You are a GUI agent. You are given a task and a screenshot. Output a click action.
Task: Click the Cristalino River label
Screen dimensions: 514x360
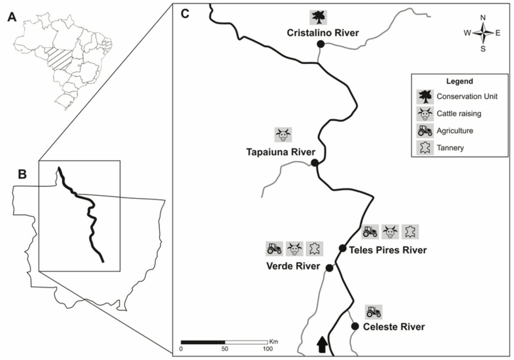click(323, 33)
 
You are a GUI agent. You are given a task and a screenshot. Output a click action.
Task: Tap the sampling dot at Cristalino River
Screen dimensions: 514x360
click(321, 44)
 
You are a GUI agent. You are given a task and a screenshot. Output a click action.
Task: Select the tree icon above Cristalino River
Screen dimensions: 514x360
click(318, 17)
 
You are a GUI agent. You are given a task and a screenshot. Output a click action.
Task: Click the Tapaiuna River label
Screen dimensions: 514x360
click(281, 152)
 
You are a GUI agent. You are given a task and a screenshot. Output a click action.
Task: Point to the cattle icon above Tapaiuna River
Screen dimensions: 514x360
click(283, 135)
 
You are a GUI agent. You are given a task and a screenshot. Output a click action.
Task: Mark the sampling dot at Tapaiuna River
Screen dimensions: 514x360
click(315, 162)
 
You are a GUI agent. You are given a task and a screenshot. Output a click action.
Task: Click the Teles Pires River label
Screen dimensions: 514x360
click(388, 250)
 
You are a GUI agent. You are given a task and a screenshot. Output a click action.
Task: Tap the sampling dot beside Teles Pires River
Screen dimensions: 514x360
click(343, 248)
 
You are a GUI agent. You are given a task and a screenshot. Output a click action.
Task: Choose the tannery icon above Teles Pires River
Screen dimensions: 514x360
click(410, 232)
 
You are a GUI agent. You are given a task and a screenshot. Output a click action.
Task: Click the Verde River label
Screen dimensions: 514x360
click(293, 266)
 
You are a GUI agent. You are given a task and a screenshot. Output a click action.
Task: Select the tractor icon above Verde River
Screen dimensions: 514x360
click(274, 248)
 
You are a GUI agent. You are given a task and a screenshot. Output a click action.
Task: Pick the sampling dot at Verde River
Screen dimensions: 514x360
click(330, 268)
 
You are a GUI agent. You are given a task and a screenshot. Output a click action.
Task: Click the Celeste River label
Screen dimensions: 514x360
click(394, 327)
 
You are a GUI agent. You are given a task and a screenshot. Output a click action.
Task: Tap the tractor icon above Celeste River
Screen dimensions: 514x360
click(374, 312)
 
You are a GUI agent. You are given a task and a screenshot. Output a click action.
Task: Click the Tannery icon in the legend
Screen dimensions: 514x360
click(425, 148)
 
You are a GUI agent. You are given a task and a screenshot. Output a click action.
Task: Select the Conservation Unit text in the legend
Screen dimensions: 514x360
click(467, 96)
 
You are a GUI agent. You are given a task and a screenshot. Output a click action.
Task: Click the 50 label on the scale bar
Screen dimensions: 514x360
click(225, 349)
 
